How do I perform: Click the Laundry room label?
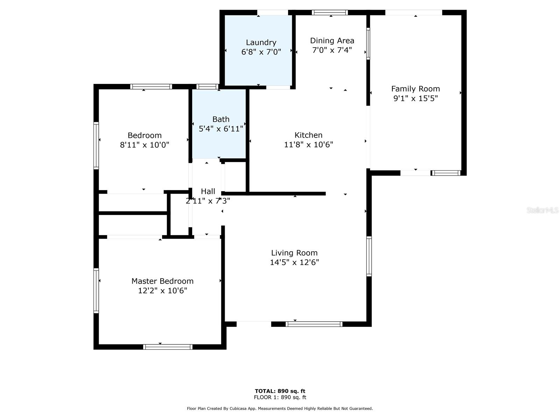[261, 43]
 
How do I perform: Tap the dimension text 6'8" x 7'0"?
[261, 52]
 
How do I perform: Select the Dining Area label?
[332, 41]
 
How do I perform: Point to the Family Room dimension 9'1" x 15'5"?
[415, 98]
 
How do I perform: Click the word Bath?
[221, 119]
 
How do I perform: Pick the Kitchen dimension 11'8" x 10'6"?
[308, 145]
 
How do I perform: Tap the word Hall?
[208, 191]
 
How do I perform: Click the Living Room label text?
[294, 253]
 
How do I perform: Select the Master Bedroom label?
[162, 281]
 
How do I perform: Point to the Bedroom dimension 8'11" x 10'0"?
[145, 145]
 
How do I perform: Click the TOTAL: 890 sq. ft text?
[280, 391]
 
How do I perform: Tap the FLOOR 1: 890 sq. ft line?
[280, 397]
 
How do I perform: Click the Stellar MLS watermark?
[542, 210]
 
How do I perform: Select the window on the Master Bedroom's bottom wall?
[168, 346]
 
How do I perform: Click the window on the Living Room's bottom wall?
[314, 324]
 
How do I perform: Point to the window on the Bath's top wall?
[207, 87]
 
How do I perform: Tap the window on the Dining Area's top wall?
[329, 13]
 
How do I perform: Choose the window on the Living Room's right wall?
[369, 256]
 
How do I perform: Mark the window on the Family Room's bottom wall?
[445, 173]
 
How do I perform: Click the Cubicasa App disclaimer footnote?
[280, 408]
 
